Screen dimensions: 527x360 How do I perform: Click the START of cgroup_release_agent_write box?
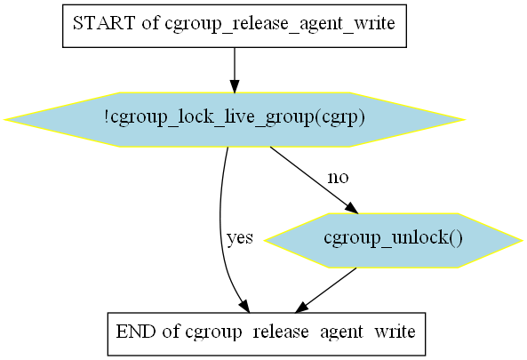(x=235, y=26)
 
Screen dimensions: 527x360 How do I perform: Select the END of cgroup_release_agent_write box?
(x=267, y=334)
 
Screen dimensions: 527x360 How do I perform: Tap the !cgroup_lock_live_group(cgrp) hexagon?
(x=235, y=119)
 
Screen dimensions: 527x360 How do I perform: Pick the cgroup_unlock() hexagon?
(x=393, y=240)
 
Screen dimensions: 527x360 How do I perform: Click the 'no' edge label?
(x=338, y=178)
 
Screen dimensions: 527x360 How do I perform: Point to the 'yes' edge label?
(x=240, y=238)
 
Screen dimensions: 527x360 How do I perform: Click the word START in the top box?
(x=104, y=23)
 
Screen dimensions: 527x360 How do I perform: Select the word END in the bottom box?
(x=136, y=332)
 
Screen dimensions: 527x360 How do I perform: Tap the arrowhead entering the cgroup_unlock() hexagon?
(x=352, y=208)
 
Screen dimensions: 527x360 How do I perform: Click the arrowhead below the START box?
(x=235, y=86)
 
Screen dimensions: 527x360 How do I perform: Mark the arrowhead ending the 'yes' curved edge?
(x=244, y=307)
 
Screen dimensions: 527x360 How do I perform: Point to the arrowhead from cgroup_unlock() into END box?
(x=301, y=308)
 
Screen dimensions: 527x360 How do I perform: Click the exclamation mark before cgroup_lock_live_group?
(x=107, y=116)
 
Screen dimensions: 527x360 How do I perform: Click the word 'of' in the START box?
(x=150, y=23)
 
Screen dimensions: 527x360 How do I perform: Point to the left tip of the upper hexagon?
(x=4, y=119)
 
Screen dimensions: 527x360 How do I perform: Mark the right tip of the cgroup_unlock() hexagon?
(x=523, y=240)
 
